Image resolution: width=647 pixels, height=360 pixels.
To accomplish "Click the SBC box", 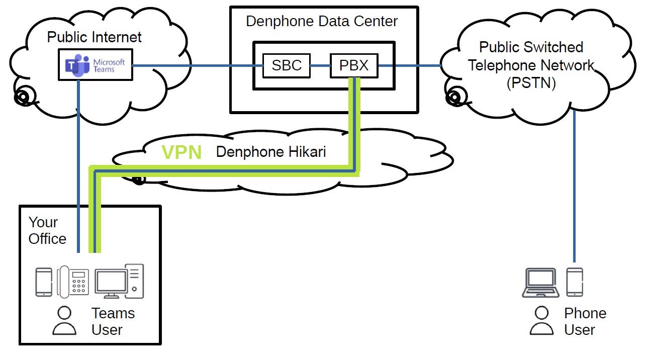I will [x=287, y=65].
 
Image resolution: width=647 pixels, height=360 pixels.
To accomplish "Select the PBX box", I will [x=353, y=65].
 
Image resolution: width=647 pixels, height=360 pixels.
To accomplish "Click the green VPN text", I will [x=181, y=152].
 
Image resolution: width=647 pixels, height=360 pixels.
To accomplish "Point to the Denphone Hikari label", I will [x=270, y=152].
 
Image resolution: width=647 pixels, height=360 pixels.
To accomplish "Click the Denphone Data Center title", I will [x=322, y=22].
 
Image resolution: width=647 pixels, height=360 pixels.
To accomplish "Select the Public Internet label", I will [x=95, y=37].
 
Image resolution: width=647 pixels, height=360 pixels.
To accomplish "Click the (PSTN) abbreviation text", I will [x=531, y=83].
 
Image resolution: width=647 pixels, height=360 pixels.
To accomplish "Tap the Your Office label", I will [x=47, y=230].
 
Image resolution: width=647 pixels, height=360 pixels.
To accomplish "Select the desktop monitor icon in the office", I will [x=111, y=283].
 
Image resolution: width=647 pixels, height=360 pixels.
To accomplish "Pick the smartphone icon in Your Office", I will [x=44, y=282].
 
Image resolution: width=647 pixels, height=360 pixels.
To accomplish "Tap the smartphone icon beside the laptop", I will [x=575, y=282].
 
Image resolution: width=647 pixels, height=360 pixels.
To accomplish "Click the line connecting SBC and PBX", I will [x=320, y=65].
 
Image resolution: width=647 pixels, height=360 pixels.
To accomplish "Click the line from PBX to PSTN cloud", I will [x=410, y=65].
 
